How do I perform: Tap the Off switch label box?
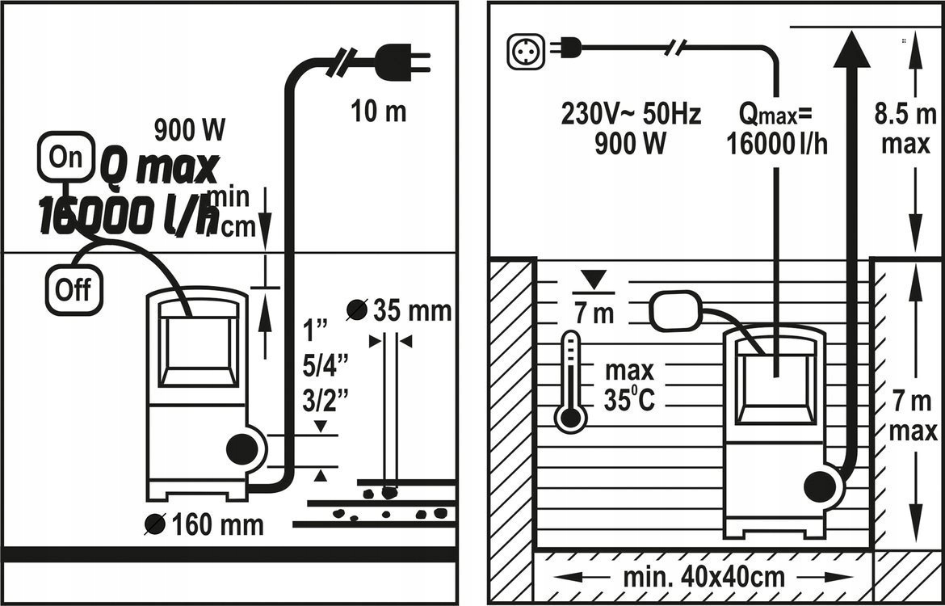tap(73, 288)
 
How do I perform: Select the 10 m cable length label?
tap(377, 112)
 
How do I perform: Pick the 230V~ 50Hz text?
tap(631, 115)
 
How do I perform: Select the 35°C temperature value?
tap(629, 400)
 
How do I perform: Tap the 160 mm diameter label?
tap(216, 524)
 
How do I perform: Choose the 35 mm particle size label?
tap(410, 310)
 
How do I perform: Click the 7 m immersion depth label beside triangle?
tap(594, 312)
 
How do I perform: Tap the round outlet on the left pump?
tap(241, 449)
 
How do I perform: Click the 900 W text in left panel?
tap(189, 129)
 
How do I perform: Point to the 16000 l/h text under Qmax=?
tap(777, 144)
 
